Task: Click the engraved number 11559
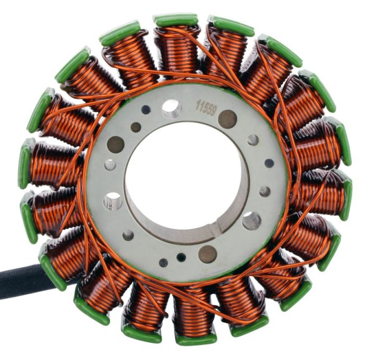[206, 108]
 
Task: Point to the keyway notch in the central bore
[215, 228]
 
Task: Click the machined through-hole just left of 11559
[172, 108]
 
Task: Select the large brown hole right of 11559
[227, 119]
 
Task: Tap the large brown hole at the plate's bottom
[208, 254]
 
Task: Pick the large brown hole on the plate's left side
[115, 144]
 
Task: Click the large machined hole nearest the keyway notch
[252, 221]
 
